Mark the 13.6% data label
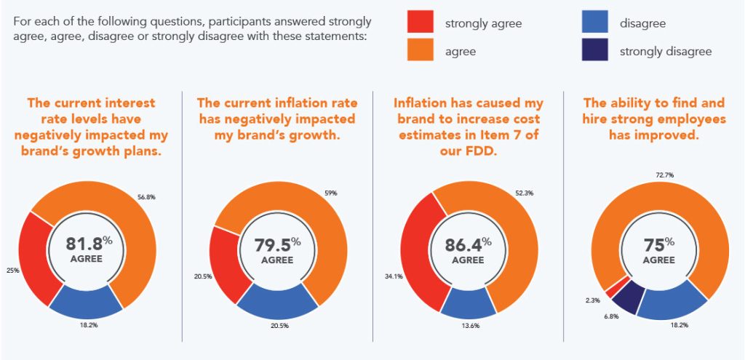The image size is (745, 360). pyautogui.click(x=470, y=325)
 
